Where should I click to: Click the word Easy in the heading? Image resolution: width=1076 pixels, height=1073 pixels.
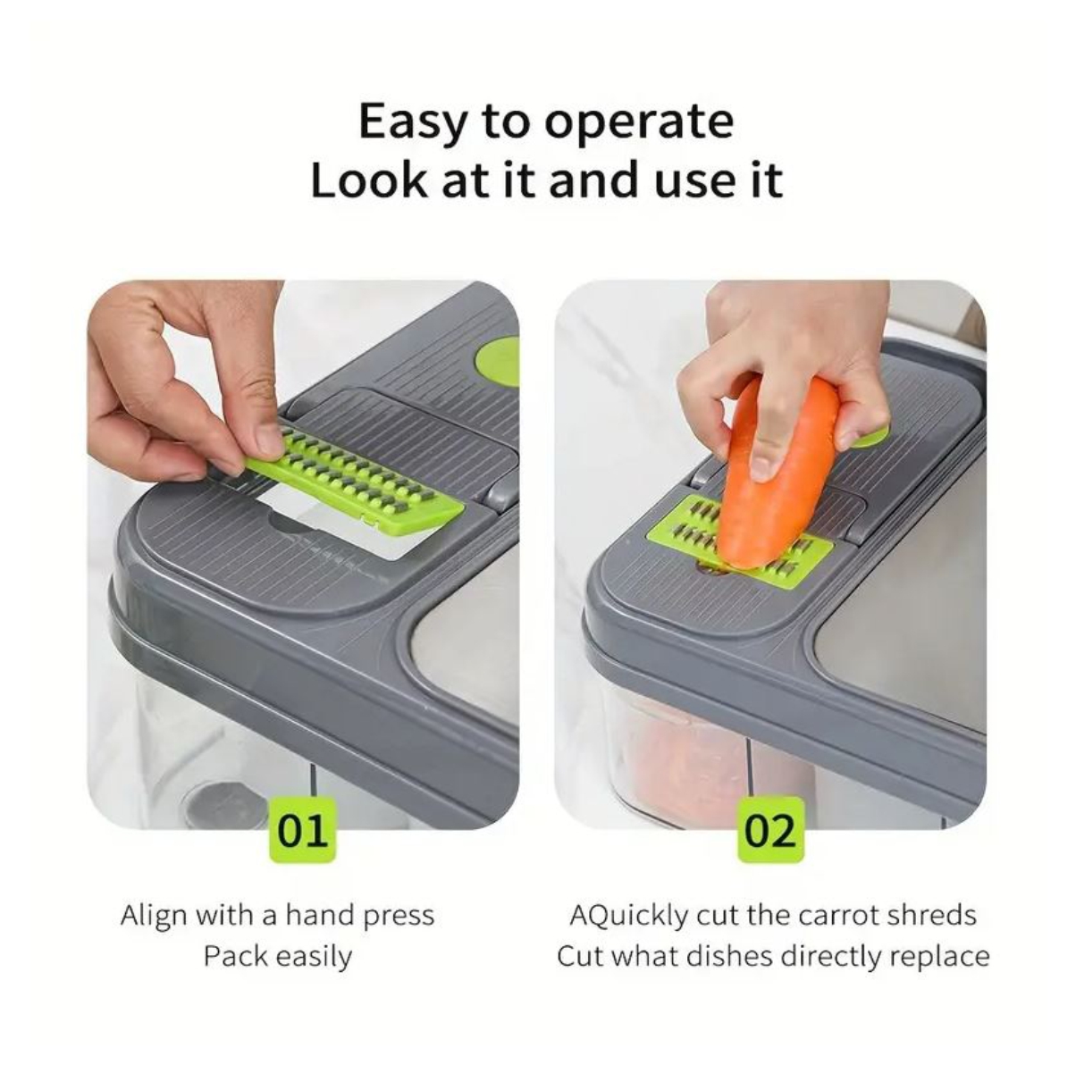410,122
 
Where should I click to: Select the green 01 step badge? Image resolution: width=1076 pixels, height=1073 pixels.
303,831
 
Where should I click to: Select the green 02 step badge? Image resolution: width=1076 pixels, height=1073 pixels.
771,831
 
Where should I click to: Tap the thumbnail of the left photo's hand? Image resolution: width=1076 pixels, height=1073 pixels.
270,440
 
